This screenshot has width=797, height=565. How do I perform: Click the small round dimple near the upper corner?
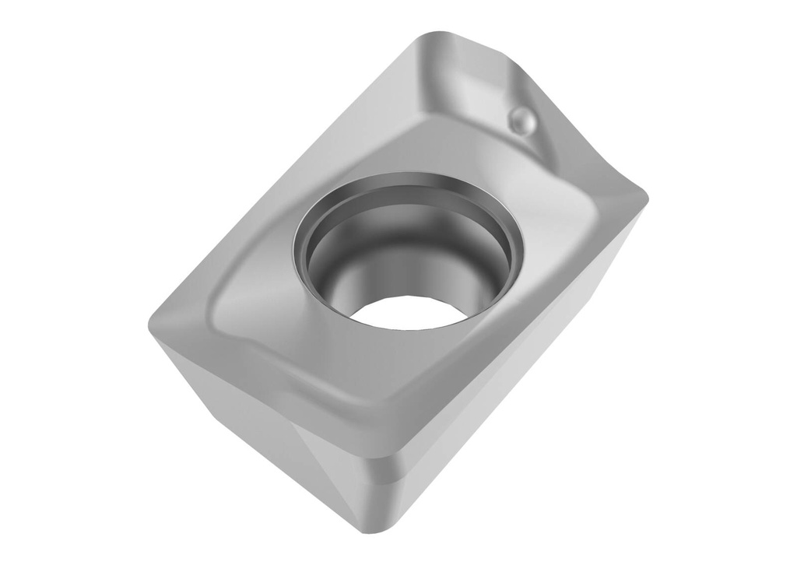coord(521,119)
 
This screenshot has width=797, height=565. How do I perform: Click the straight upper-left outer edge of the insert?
coord(288,179)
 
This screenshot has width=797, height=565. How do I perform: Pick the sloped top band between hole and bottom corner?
coord(389,389)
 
